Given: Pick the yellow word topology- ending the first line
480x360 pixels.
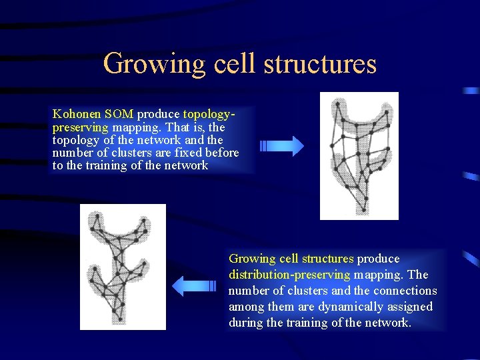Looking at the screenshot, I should (x=209, y=114).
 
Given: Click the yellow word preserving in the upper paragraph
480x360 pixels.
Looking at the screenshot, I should (x=81, y=127).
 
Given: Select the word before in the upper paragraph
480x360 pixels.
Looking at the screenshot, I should (x=222, y=153).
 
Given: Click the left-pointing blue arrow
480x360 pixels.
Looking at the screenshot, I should (x=195, y=286).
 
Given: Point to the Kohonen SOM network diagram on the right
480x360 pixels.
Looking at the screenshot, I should (x=359, y=156).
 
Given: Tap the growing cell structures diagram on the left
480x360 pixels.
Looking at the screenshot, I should (x=123, y=267).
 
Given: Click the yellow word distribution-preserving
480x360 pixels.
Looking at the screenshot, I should (x=289, y=275).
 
